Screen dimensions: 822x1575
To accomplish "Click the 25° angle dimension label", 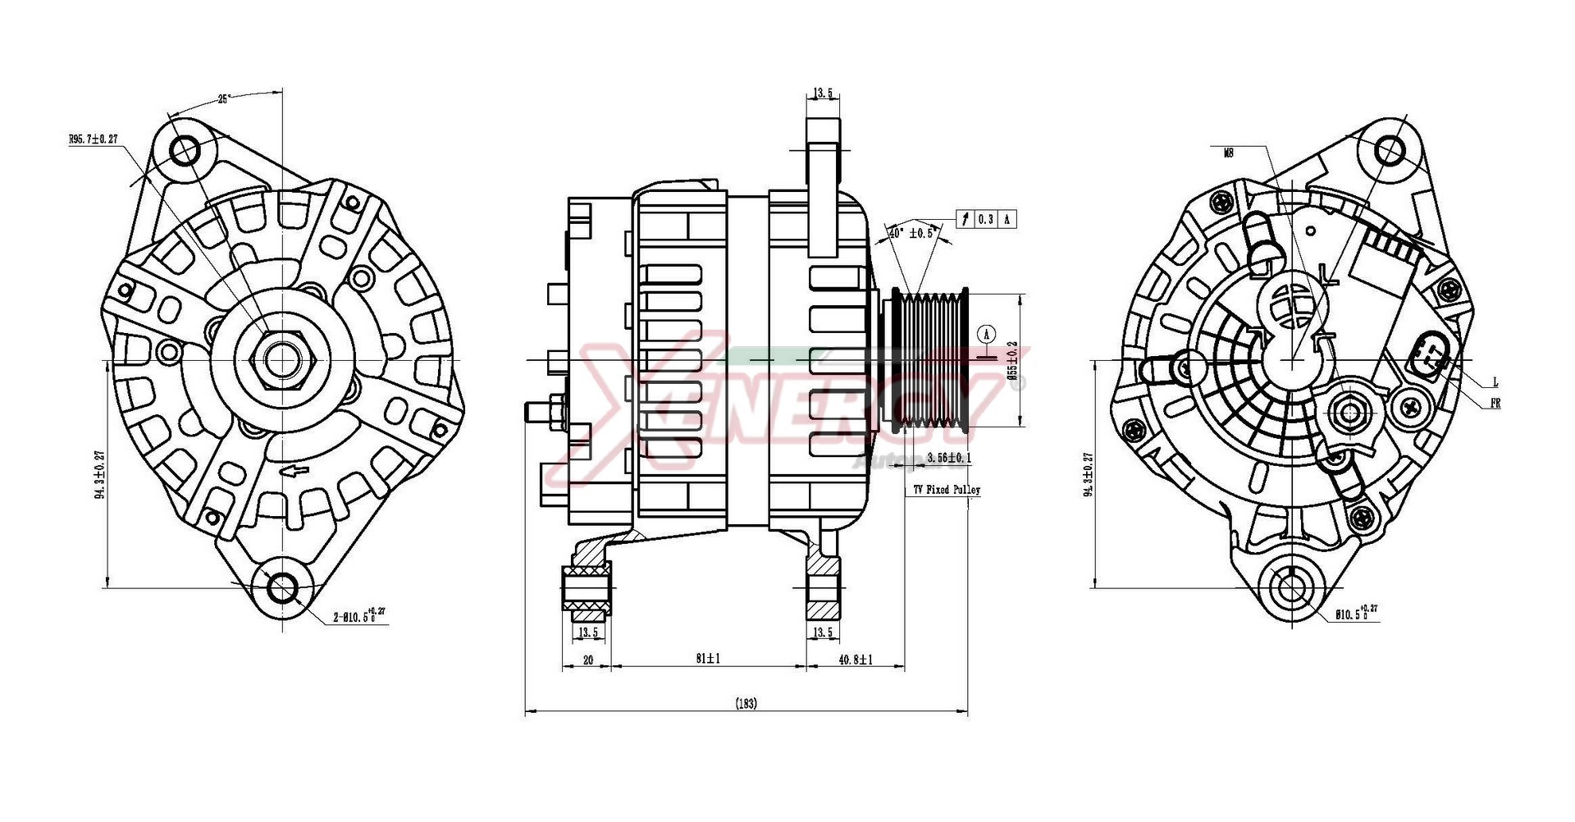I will (x=224, y=98).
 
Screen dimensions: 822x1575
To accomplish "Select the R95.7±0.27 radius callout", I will (x=95, y=139).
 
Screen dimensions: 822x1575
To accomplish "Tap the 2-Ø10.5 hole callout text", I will (x=358, y=615).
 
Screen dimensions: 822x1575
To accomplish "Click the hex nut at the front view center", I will (x=282, y=359).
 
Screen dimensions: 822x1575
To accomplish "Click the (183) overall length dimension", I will (x=746, y=703).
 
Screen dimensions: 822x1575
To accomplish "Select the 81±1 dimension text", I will (x=708, y=658).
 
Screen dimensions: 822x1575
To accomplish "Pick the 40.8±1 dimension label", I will (x=855, y=658).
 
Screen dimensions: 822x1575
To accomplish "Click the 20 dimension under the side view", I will (x=587, y=658).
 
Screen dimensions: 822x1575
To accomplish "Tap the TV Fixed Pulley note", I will (x=947, y=490).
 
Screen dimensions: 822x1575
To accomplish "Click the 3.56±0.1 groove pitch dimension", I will (x=949, y=457).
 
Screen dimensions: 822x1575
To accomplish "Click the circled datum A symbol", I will (x=987, y=334).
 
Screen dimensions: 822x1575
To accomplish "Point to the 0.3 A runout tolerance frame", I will (x=987, y=219).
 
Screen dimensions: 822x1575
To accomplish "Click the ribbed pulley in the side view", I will (x=931, y=359).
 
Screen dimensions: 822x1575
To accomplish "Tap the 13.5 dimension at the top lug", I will (x=824, y=94).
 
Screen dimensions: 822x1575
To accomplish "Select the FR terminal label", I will (x=1495, y=404).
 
